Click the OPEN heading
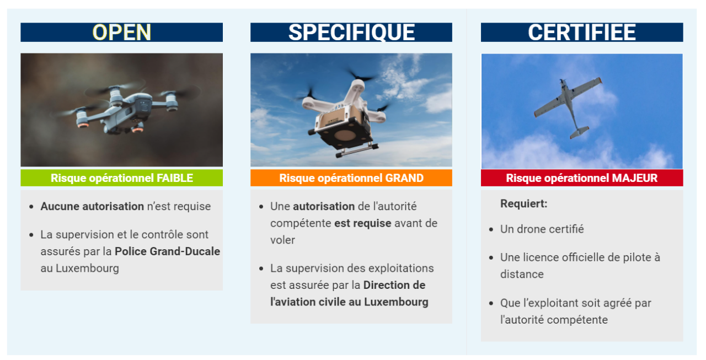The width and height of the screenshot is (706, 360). click(122, 32)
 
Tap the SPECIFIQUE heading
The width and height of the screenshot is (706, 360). click(351, 32)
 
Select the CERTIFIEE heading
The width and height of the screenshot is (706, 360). click(582, 32)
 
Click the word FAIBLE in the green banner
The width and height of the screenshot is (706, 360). click(175, 178)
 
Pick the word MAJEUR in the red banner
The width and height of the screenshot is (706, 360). click(634, 178)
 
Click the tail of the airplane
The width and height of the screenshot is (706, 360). click(579, 132)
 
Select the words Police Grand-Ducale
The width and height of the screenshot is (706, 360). click(167, 251)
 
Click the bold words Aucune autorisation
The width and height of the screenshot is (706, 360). click(92, 206)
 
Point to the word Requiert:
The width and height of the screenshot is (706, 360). click(523, 203)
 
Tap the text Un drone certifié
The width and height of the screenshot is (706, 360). click(542, 229)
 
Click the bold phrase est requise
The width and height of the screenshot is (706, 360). click(362, 223)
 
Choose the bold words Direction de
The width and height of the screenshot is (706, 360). click(394, 285)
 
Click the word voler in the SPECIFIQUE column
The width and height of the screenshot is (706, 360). click(282, 240)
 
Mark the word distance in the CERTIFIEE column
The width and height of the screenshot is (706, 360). click(522, 274)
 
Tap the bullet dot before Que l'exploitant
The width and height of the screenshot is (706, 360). click(491, 304)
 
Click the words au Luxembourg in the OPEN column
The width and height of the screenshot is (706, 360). click(80, 268)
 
